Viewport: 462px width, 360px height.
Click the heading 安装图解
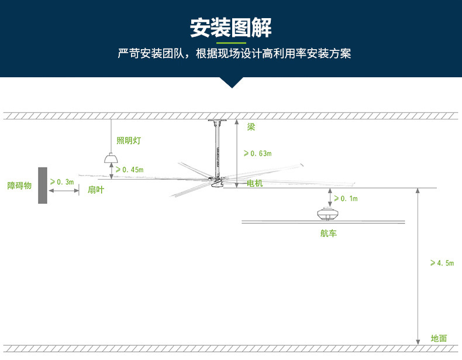[231, 28]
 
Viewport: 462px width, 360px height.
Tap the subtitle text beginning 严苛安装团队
[234, 54]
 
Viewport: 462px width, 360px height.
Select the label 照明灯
[129, 140]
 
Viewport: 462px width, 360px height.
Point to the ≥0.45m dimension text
[129, 170]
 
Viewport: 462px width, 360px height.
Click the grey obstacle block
[43, 185]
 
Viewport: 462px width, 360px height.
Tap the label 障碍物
[19, 186]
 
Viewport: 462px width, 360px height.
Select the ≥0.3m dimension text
[62, 182]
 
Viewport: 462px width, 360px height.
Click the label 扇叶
[96, 190]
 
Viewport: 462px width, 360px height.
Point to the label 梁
[251, 126]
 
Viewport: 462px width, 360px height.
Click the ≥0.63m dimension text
[257, 153]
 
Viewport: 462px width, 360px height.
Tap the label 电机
[255, 184]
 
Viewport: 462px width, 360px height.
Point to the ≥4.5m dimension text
[442, 263]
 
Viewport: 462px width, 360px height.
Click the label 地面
[439, 338]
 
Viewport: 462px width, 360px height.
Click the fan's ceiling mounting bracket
[218, 122]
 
